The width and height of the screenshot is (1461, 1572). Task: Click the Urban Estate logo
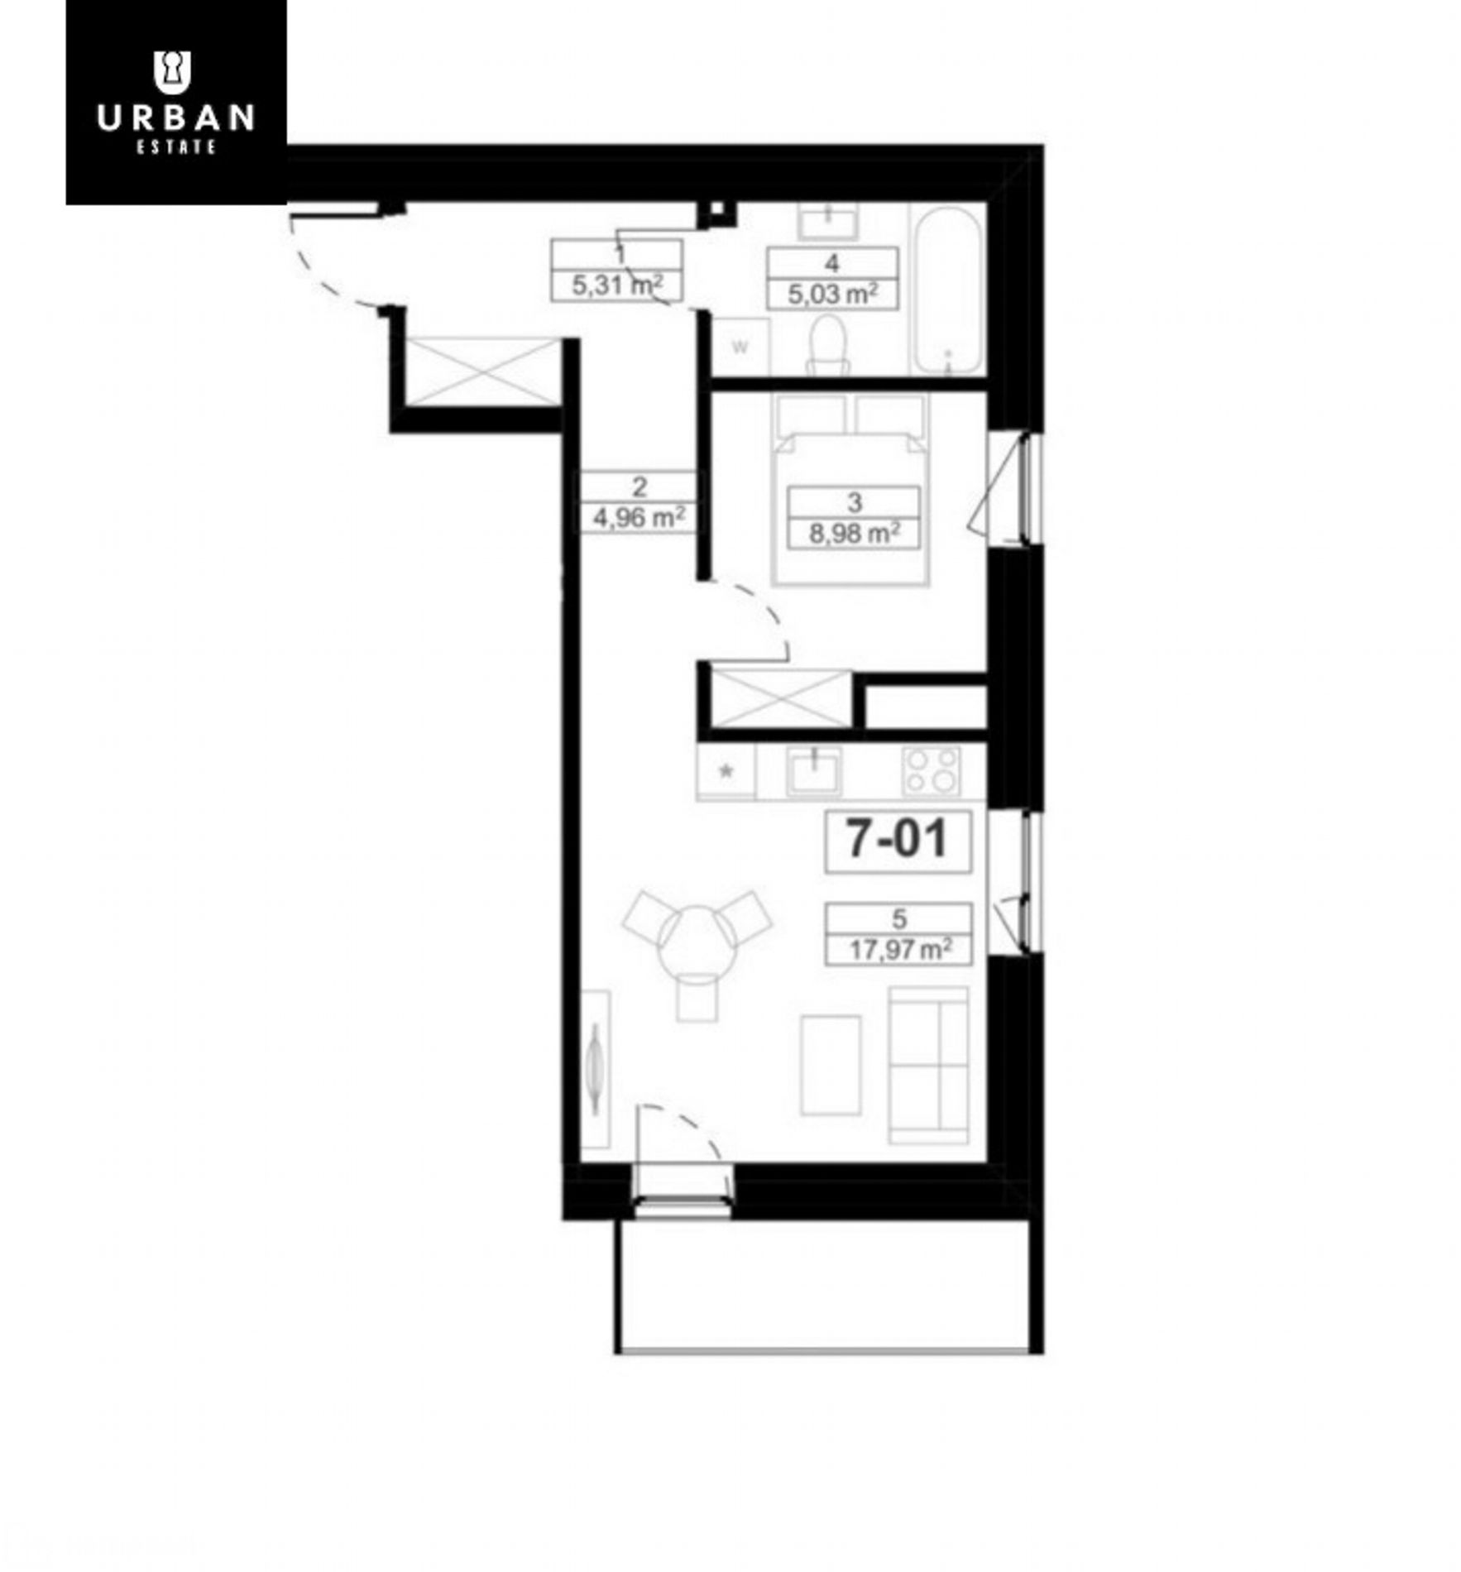(x=175, y=102)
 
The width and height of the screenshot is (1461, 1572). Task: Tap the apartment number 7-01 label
(x=897, y=840)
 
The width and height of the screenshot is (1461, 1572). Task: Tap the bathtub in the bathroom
(x=947, y=289)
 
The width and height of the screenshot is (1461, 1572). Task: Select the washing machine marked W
(x=740, y=347)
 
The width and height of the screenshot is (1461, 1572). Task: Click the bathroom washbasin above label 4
(x=827, y=221)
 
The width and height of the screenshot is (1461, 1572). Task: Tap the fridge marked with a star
(x=726, y=772)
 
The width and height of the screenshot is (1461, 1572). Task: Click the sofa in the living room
(x=928, y=1065)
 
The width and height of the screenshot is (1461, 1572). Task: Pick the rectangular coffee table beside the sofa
(x=831, y=1066)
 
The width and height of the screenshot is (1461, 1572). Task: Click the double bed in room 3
(x=850, y=489)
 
